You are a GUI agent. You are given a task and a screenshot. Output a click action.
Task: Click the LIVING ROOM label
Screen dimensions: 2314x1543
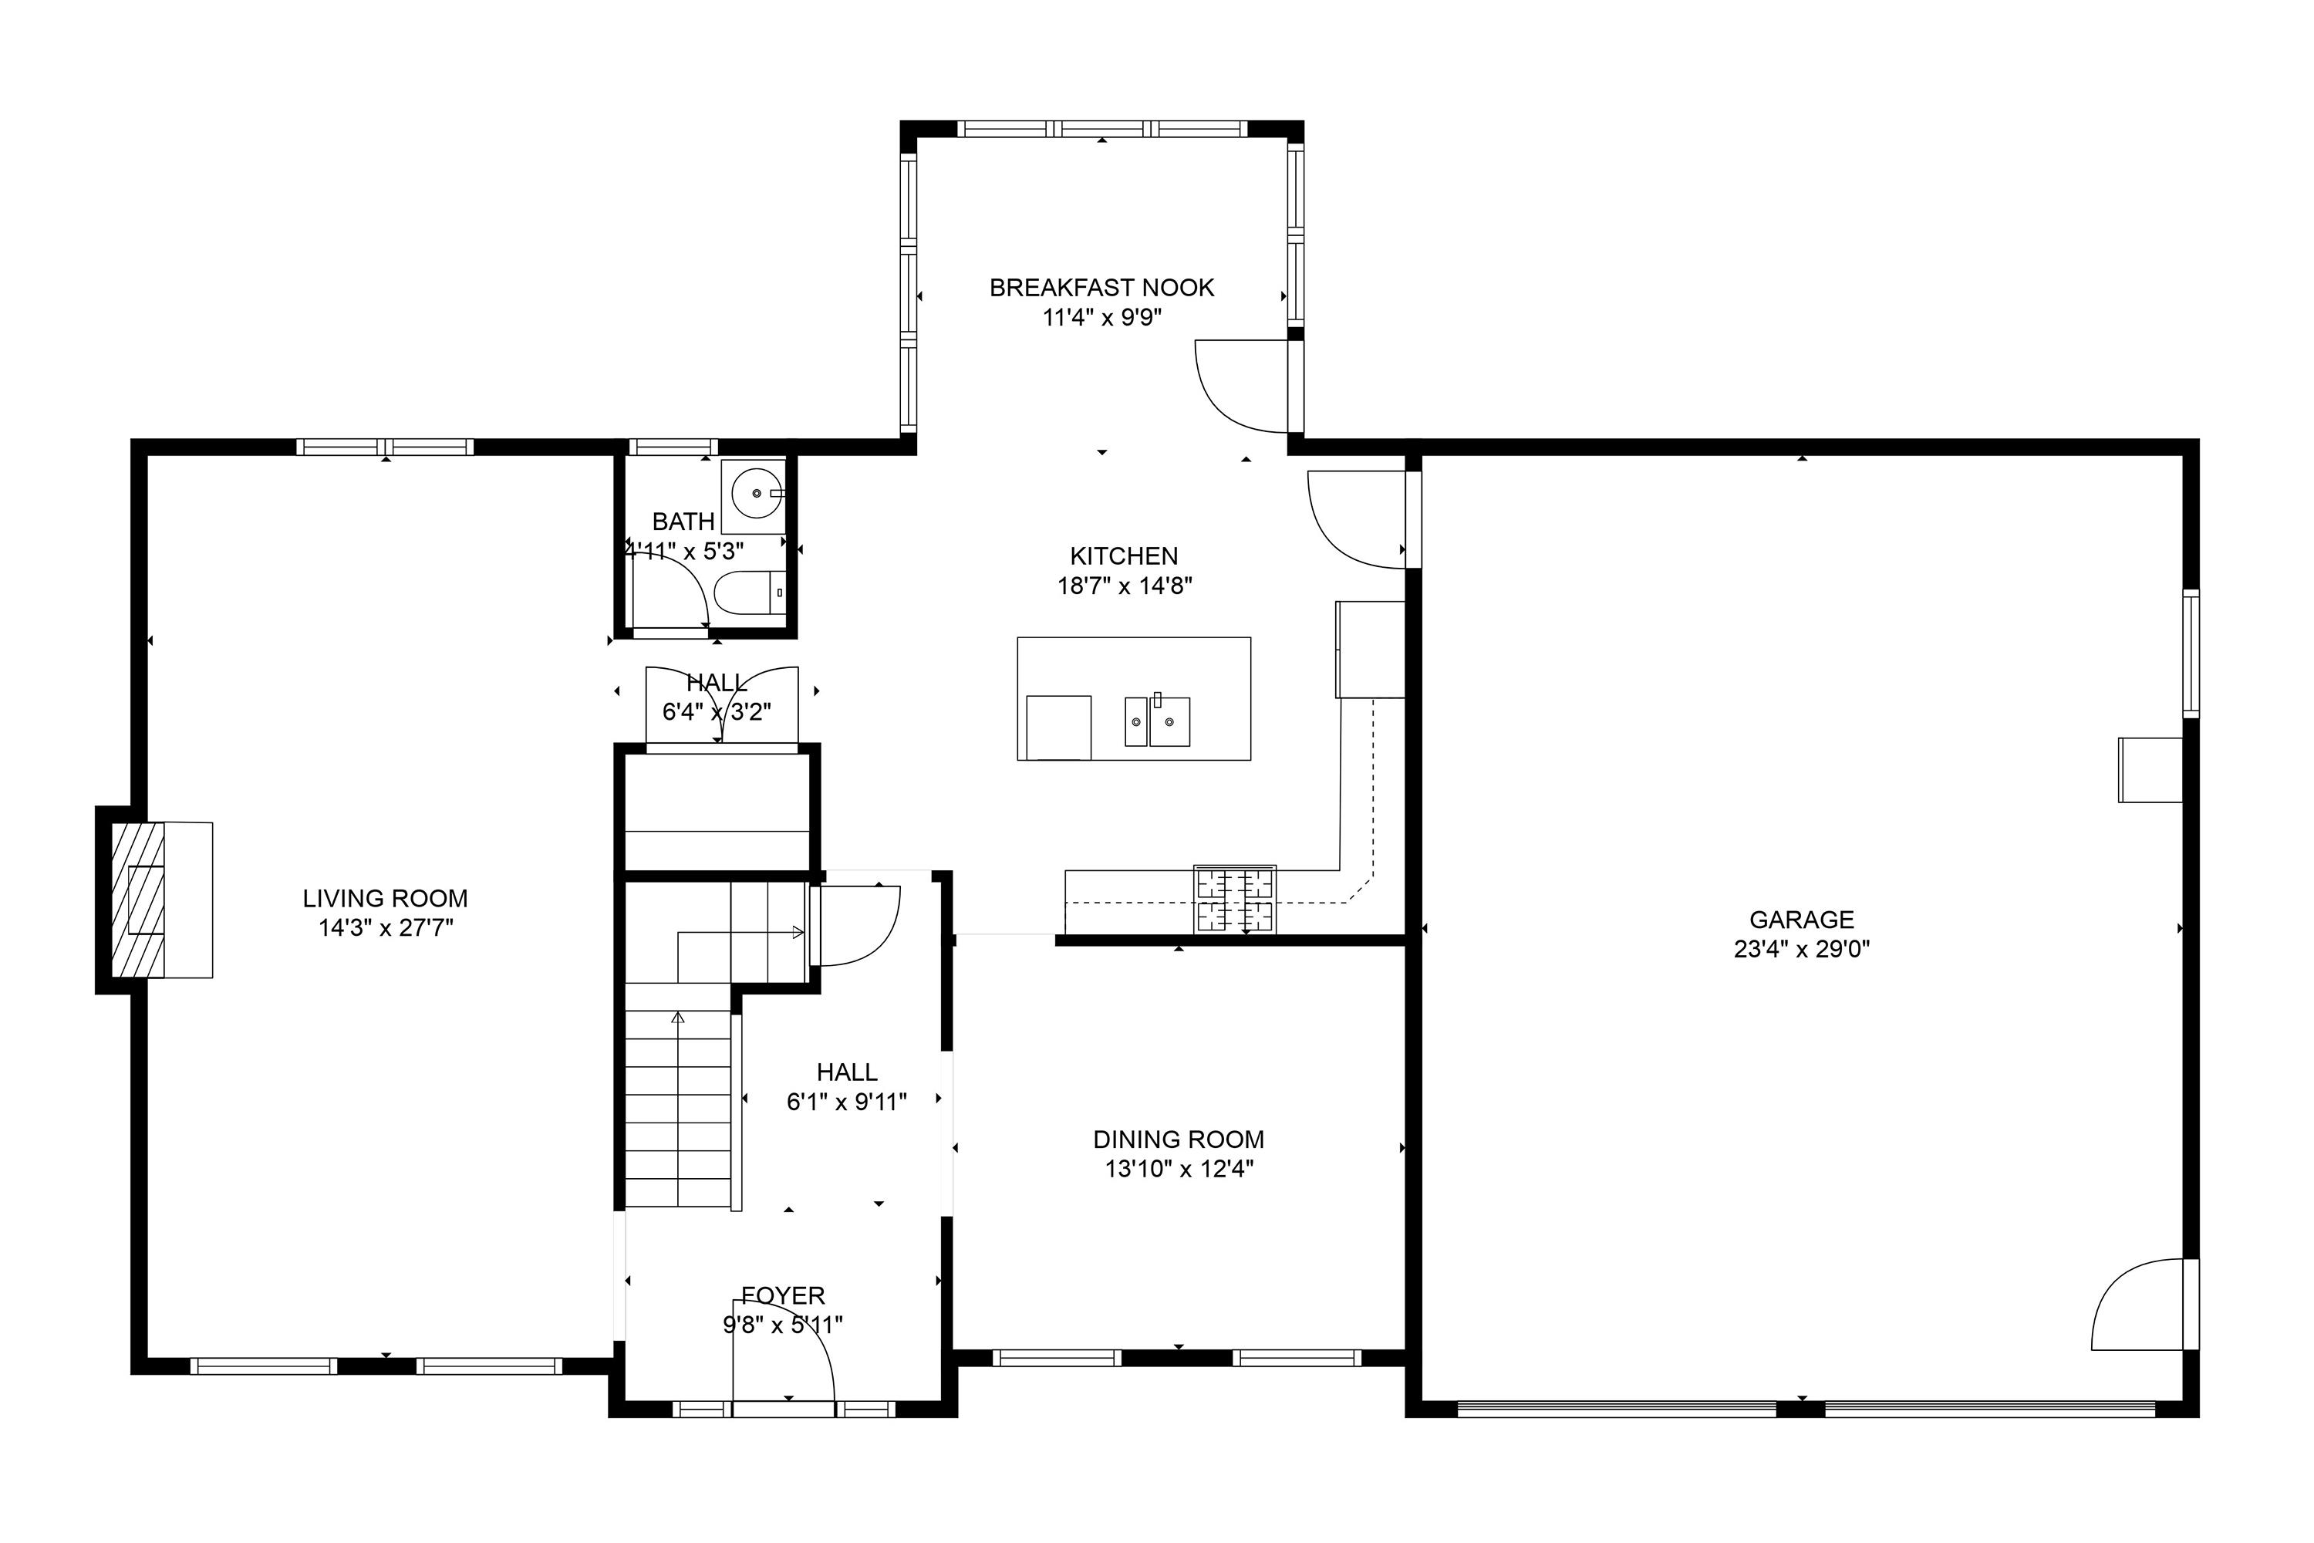point(385,899)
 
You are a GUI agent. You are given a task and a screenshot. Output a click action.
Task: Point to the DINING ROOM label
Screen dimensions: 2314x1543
point(1179,1140)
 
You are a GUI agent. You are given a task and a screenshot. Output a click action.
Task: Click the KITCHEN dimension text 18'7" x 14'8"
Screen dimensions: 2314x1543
point(1125,586)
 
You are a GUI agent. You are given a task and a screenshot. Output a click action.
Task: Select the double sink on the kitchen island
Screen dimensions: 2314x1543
point(1158,721)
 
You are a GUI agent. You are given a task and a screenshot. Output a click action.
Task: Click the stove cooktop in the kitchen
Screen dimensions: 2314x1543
point(1235,900)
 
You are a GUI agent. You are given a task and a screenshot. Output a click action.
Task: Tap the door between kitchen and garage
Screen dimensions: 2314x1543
point(1357,519)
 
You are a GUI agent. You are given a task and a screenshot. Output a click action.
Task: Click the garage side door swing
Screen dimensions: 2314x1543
point(2137,1304)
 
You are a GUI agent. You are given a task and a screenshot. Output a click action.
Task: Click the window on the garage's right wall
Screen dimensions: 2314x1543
point(2191,653)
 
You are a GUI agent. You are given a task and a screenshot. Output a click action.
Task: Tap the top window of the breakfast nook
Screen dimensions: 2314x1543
point(1102,129)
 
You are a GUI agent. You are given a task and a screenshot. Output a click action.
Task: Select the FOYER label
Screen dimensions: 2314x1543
point(783,1296)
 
